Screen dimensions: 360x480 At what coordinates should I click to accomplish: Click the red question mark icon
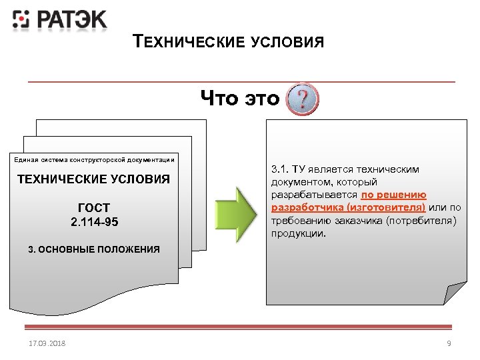coord(303,99)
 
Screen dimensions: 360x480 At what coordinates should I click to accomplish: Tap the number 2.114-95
coord(94,221)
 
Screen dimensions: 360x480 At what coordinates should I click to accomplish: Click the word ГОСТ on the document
coord(94,208)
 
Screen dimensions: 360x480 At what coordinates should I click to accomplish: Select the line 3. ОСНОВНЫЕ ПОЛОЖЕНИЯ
coord(94,249)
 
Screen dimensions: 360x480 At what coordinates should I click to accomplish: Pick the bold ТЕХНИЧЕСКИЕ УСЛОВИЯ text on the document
coord(93,179)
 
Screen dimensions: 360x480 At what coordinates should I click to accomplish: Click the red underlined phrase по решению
coord(393,195)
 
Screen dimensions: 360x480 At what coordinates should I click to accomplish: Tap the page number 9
coord(449,343)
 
